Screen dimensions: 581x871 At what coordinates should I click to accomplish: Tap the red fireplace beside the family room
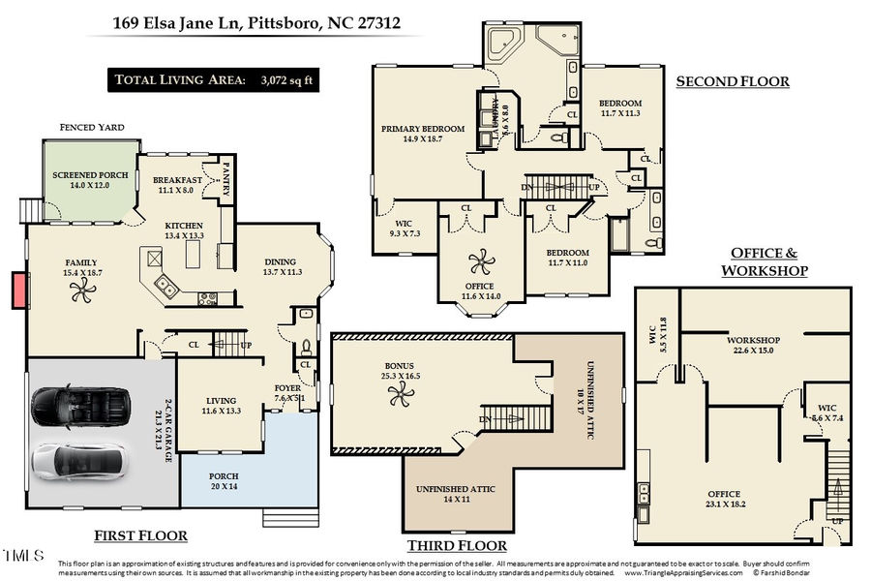19,290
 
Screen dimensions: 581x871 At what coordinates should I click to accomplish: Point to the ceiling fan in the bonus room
398,393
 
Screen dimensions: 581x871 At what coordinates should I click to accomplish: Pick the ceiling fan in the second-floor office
479,260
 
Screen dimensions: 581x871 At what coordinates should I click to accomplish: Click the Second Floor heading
732,81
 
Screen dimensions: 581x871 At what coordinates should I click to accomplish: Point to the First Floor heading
140,535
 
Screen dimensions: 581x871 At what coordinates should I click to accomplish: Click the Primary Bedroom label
423,134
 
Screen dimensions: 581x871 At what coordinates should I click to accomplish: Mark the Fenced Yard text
91,127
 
